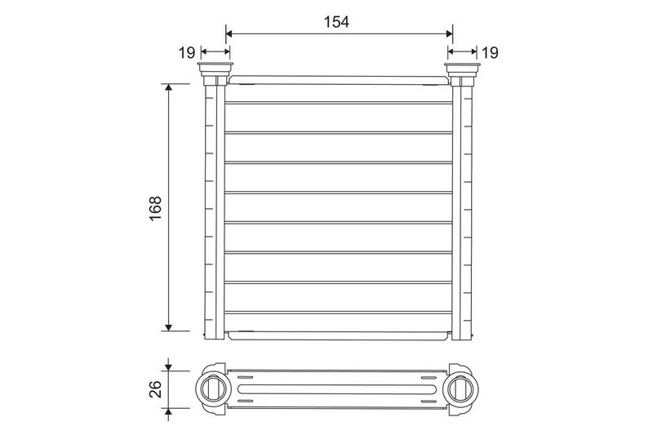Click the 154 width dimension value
point(336,22)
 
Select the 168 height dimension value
point(155,208)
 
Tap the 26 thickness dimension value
point(155,389)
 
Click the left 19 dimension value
point(187,53)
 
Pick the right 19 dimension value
point(490,53)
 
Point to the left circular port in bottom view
point(213,388)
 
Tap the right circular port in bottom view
point(461,388)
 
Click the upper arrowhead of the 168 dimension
point(168,87)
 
